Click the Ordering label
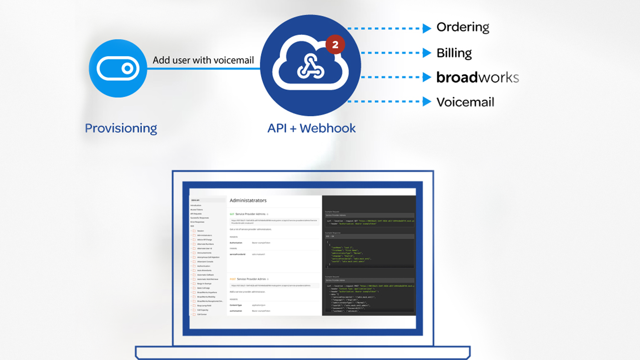(463, 27)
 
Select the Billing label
(454, 53)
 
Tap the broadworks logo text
(477, 77)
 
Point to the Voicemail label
(465, 102)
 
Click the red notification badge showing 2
(335, 44)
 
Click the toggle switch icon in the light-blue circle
(118, 68)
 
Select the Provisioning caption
(121, 128)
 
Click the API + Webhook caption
(311, 128)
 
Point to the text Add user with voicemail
(203, 60)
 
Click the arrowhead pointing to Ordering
(427, 28)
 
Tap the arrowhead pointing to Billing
(427, 53)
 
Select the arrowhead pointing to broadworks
(427, 77)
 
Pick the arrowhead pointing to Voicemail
(427, 101)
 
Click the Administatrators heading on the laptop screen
(248, 200)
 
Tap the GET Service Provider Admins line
(249, 214)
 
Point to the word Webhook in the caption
(327, 128)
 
